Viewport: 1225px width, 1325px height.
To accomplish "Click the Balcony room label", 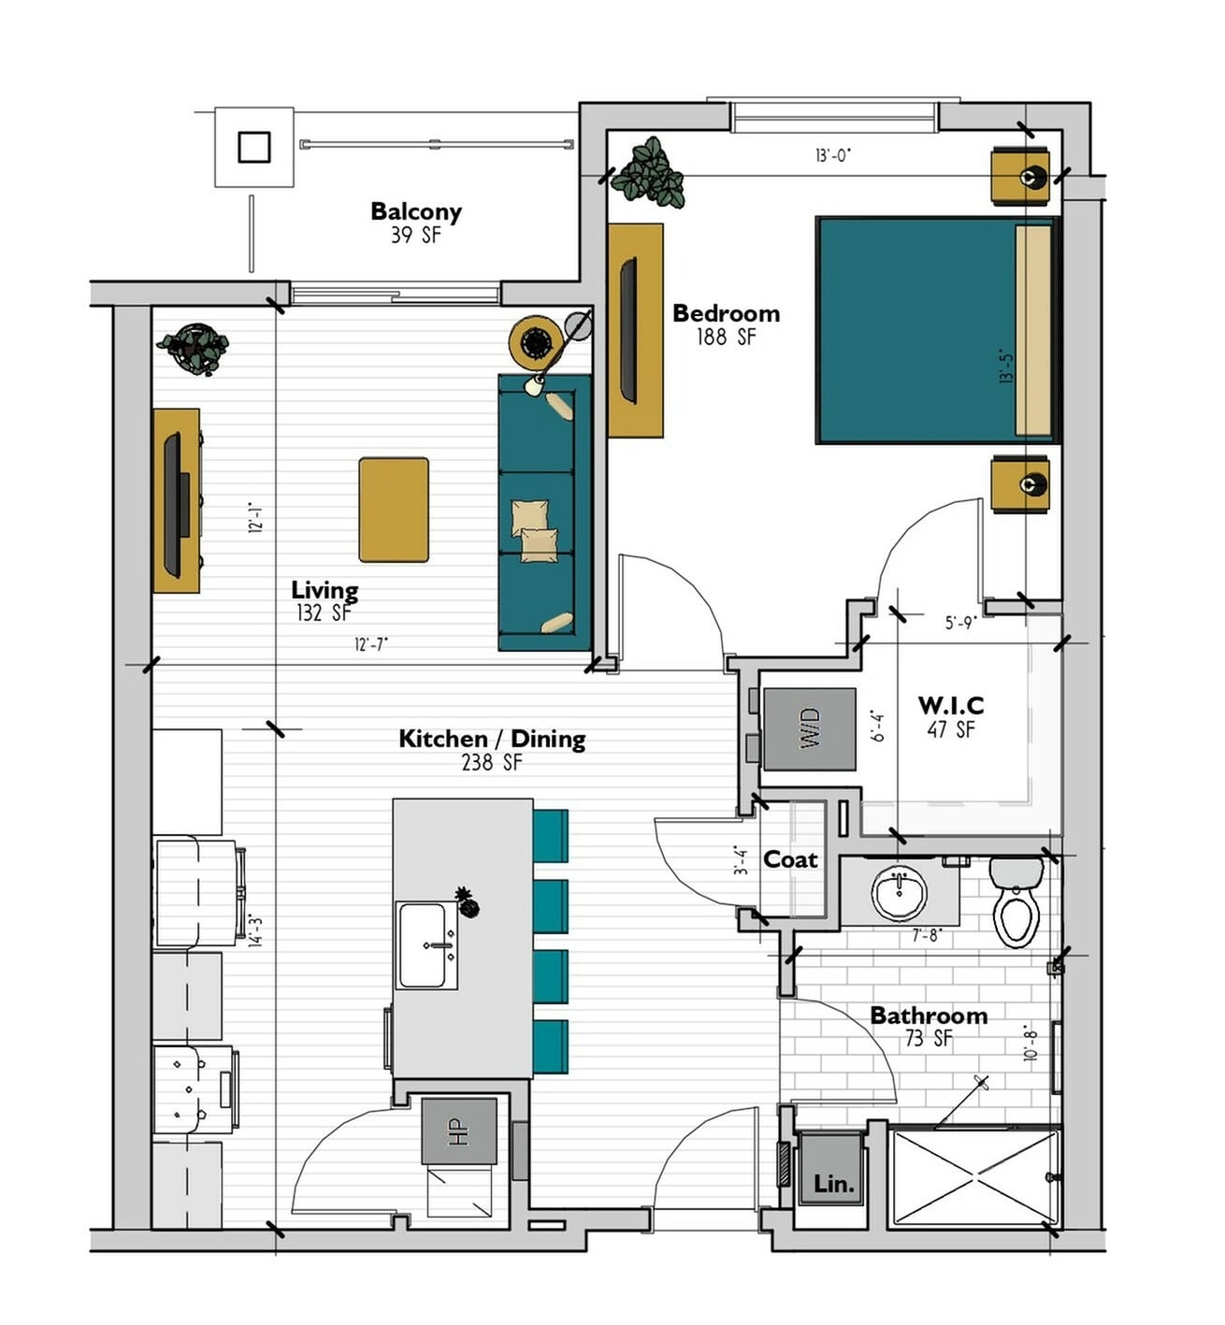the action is pyautogui.click(x=416, y=211).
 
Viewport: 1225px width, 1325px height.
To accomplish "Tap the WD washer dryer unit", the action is pyautogui.click(x=809, y=729).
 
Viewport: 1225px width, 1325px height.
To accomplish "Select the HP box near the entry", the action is pyautogui.click(x=459, y=1131).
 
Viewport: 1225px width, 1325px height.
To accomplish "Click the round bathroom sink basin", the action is pyautogui.click(x=900, y=893).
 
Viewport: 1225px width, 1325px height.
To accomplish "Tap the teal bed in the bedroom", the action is pyautogui.click(x=937, y=329).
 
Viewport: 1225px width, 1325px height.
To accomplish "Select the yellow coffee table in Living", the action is pyautogui.click(x=394, y=510).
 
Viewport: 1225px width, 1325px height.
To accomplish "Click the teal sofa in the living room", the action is pyautogui.click(x=544, y=512).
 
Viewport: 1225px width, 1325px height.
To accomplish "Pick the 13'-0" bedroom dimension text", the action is pyautogui.click(x=832, y=155).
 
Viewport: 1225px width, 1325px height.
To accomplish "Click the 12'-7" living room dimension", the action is pyautogui.click(x=371, y=644).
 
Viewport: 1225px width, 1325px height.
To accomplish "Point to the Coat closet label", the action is pyautogui.click(x=790, y=860).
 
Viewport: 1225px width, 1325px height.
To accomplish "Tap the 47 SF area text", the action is pyautogui.click(x=951, y=730).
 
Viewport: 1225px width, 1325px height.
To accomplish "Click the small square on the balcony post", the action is pyautogui.click(x=254, y=147).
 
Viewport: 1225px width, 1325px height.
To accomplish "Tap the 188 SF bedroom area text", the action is pyautogui.click(x=726, y=337).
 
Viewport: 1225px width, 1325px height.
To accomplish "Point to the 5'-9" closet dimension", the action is pyautogui.click(x=960, y=623).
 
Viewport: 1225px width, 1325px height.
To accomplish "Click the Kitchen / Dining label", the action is pyautogui.click(x=493, y=740).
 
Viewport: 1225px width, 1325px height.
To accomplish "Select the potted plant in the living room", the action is pyautogui.click(x=193, y=349).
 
